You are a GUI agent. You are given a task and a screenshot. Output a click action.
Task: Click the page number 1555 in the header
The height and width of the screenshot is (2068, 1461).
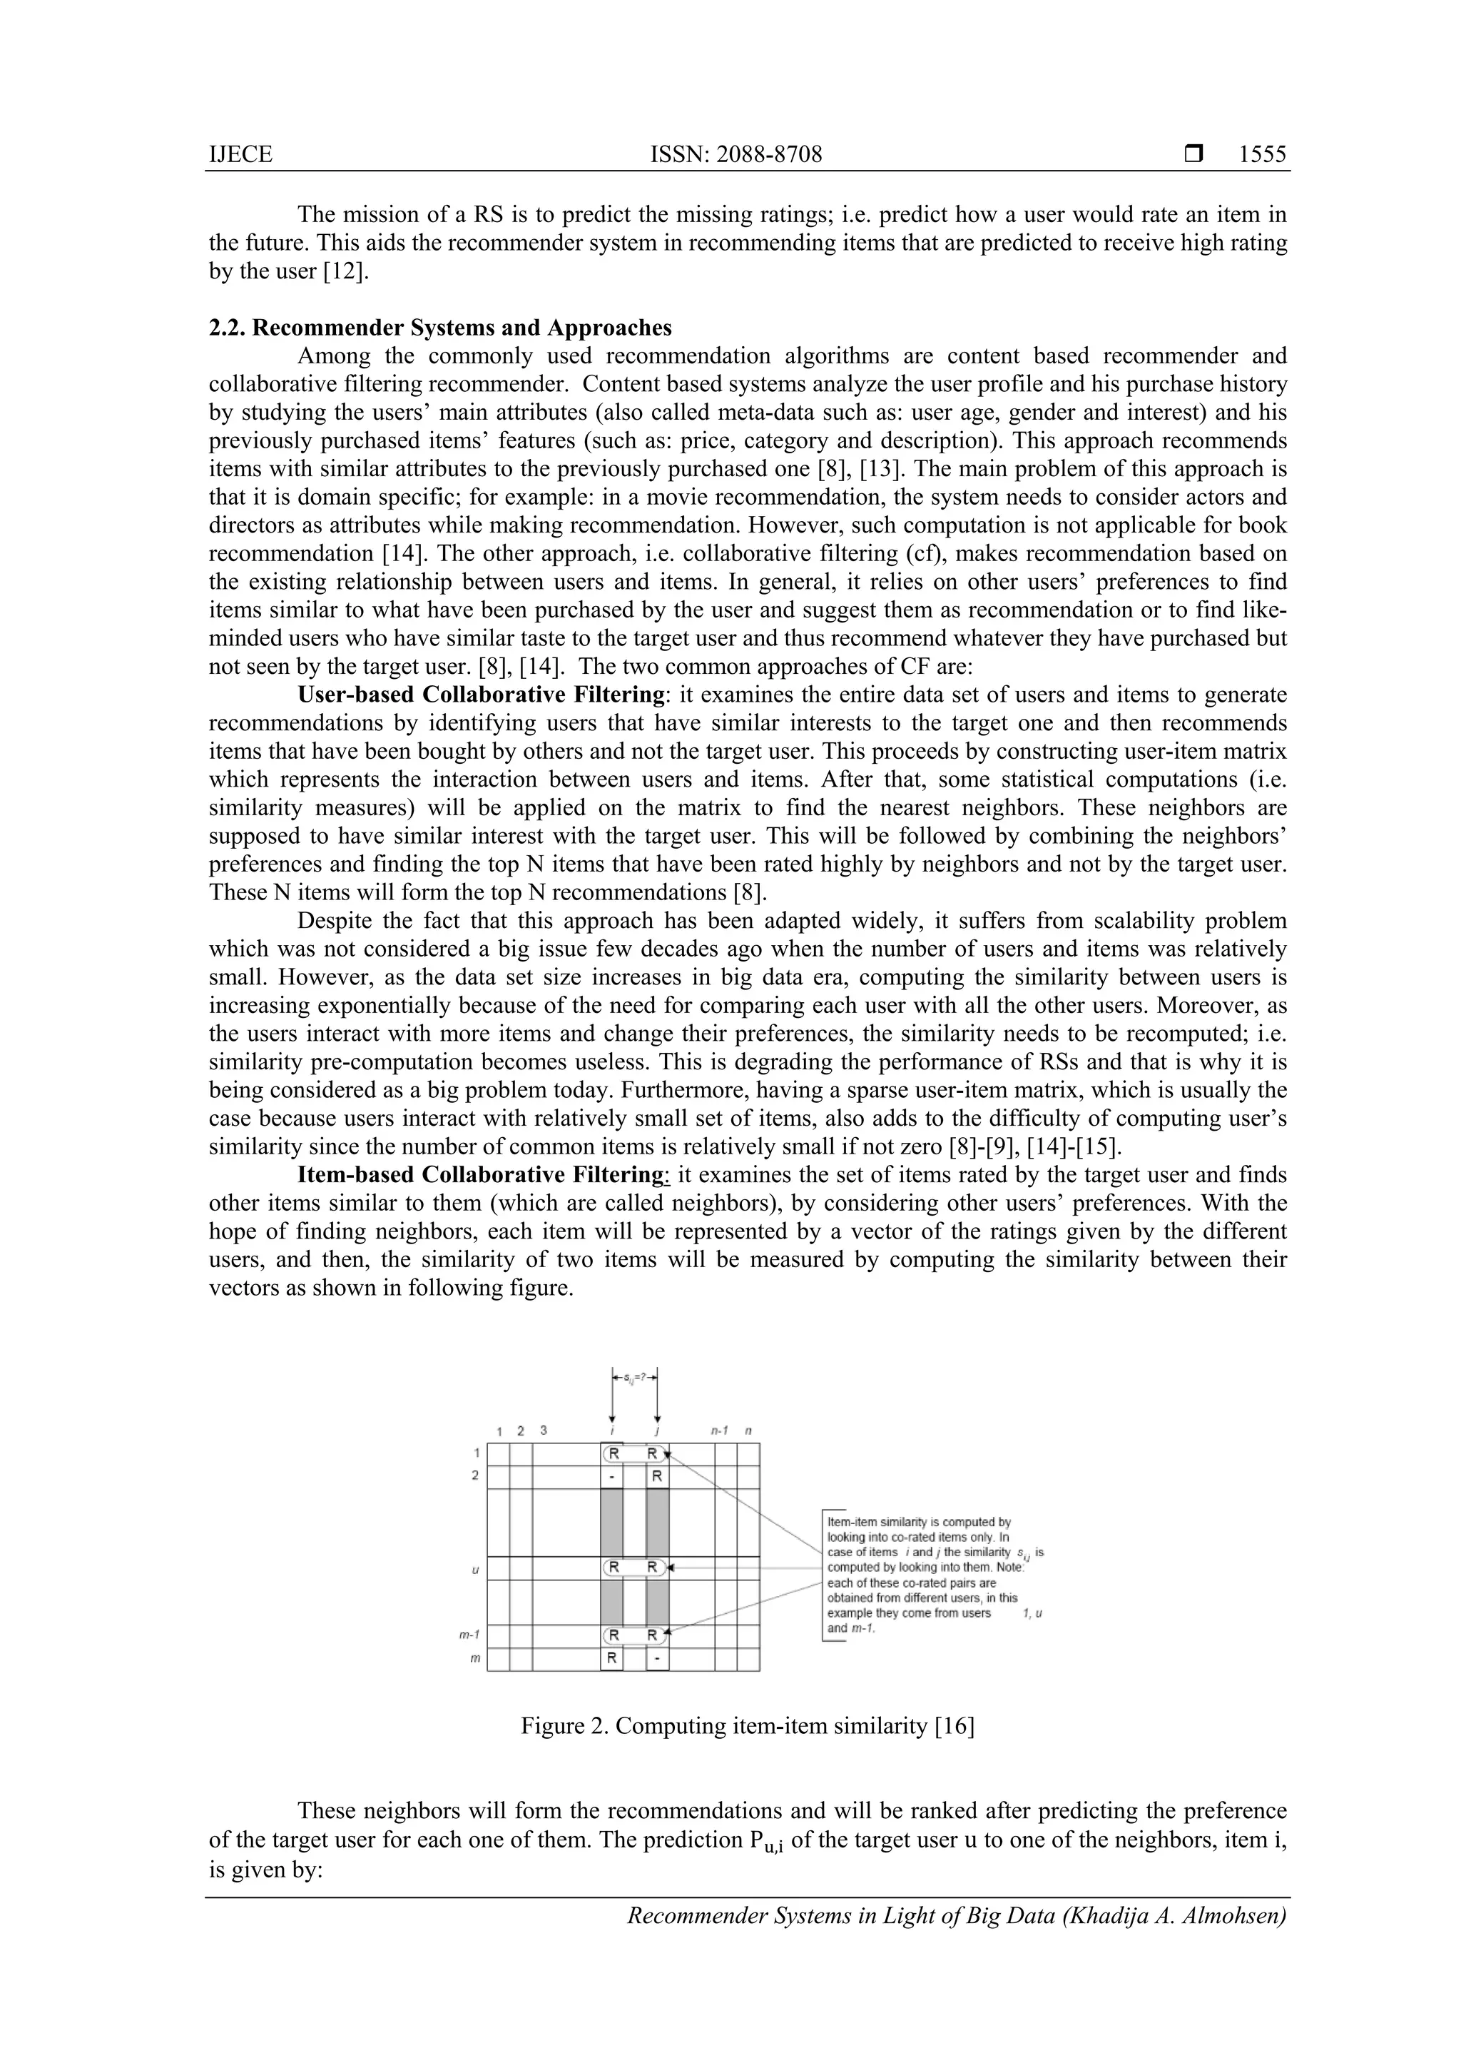click(x=1262, y=155)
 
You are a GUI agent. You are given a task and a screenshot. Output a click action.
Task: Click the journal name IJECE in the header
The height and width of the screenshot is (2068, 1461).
click(x=240, y=155)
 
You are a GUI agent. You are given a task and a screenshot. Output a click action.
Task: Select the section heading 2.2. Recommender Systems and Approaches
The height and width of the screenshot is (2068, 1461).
click(x=439, y=327)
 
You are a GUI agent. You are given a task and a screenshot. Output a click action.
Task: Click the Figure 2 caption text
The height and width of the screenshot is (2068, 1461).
click(x=747, y=1726)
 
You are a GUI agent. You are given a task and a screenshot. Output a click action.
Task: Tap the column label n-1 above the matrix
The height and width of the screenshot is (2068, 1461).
click(x=719, y=1429)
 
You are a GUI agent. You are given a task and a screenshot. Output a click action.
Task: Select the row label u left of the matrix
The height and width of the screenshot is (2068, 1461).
click(x=475, y=1569)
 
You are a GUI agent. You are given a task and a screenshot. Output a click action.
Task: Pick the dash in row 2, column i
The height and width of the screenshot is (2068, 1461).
click(x=611, y=1476)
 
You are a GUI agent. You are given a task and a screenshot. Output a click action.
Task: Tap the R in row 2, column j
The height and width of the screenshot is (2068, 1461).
click(x=657, y=1476)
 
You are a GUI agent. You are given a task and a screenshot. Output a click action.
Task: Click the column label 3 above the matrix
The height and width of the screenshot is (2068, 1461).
click(x=543, y=1429)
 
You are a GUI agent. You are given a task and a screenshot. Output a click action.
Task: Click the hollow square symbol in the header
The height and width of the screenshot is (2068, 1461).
click(x=1194, y=155)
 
